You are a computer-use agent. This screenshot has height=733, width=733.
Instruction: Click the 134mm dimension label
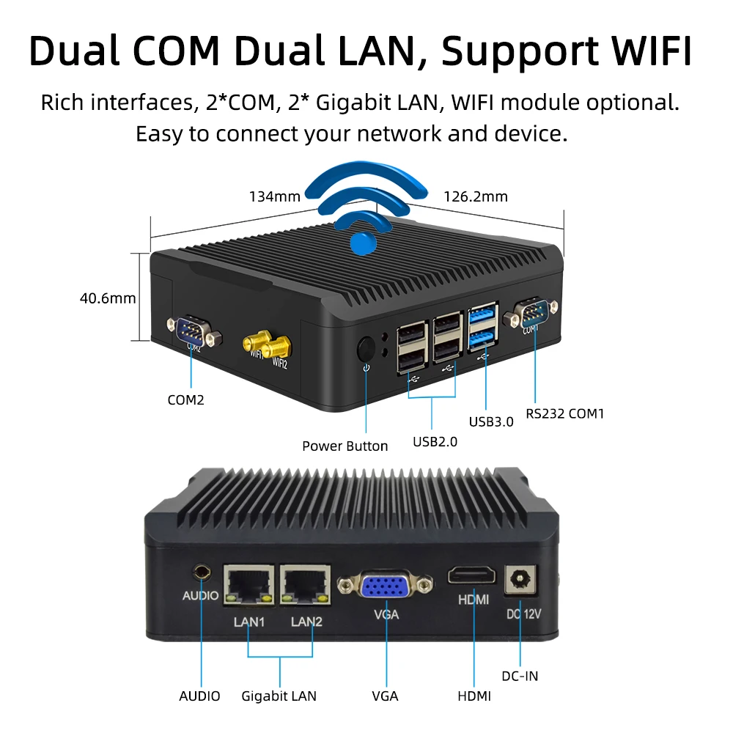tap(275, 196)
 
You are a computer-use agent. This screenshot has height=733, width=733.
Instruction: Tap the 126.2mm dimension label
tap(476, 196)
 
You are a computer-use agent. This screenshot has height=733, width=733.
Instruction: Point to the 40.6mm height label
tap(108, 298)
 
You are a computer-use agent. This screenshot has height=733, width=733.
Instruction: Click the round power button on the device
tap(366, 349)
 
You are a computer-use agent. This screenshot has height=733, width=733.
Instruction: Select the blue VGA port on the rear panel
tap(386, 585)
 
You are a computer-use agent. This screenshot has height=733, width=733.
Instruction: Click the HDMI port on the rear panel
tap(471, 575)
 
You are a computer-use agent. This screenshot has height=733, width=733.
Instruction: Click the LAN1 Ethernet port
tap(249, 584)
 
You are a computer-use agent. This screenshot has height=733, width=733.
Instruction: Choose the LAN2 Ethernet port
tap(305, 584)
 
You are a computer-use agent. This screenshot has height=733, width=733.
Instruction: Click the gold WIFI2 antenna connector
tap(277, 347)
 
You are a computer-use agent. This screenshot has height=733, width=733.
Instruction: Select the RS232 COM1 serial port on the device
tap(531, 313)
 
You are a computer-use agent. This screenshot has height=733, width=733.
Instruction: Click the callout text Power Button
tap(345, 446)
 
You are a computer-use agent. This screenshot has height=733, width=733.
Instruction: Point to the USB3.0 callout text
tap(491, 421)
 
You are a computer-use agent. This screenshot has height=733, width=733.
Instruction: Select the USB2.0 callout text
tap(435, 442)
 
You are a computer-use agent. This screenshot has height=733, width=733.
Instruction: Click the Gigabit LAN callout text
tap(279, 696)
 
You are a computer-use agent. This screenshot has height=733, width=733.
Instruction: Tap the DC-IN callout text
tap(520, 676)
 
